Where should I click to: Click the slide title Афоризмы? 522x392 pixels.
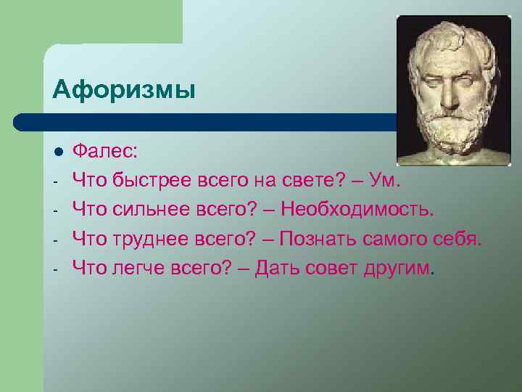pyautogui.click(x=124, y=91)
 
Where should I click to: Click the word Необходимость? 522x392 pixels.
pyautogui.click(x=356, y=211)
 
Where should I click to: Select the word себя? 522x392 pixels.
pyautogui.click(x=457, y=240)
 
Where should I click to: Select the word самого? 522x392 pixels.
pyautogui.click(x=391, y=240)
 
